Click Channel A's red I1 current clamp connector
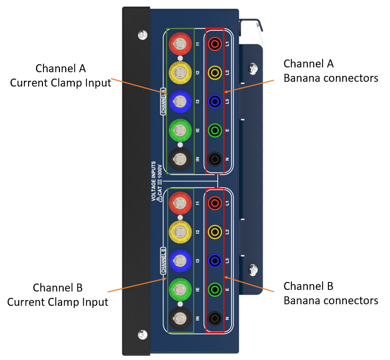(x=180, y=44)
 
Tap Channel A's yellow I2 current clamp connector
(x=180, y=73)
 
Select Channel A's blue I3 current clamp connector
(x=180, y=101)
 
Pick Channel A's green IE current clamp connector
(x=180, y=130)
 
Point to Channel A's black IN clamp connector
(x=180, y=159)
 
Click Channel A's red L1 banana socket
(x=215, y=44)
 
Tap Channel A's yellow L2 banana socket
(x=215, y=73)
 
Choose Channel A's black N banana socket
(x=215, y=159)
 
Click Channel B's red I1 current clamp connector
(x=180, y=203)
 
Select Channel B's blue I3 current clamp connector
(x=180, y=261)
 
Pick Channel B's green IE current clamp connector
(x=180, y=289)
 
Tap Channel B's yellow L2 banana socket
(x=215, y=232)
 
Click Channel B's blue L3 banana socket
(x=215, y=261)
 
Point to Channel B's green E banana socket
(x=215, y=289)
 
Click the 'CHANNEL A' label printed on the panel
(x=163, y=101)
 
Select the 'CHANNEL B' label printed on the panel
(x=163, y=260)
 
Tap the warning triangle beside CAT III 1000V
(x=160, y=199)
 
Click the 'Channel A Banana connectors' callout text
(x=331, y=71)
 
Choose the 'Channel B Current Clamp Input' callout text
(x=58, y=295)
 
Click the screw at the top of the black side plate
(x=143, y=35)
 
